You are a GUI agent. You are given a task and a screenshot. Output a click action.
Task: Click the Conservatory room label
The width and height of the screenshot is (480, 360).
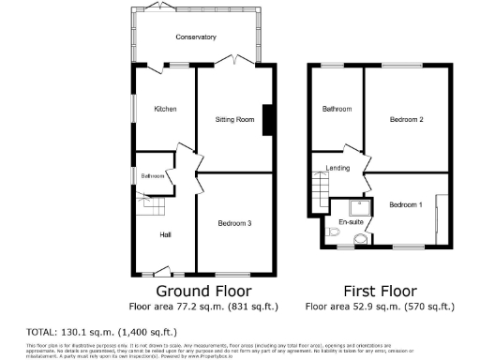[x=196, y=37]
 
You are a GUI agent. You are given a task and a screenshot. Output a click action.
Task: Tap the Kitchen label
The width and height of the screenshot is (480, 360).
[x=165, y=109]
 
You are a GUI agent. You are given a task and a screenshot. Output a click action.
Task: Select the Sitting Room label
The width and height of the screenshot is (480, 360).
[x=234, y=121]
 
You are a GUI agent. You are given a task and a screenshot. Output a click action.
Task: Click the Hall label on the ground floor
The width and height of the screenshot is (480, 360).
[x=165, y=234]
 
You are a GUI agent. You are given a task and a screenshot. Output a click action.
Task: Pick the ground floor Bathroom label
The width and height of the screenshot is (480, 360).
[x=153, y=176]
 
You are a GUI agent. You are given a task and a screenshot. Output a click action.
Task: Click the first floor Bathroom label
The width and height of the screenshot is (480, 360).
[x=337, y=109]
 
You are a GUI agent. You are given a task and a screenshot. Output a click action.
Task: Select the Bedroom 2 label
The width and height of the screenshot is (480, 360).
[x=407, y=120]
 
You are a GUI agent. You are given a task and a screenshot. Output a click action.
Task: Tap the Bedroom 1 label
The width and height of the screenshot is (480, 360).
[x=406, y=204]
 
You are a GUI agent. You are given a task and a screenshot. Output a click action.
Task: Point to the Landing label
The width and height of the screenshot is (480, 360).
[x=337, y=169]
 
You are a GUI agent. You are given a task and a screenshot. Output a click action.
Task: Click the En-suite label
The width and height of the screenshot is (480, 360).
[x=352, y=222]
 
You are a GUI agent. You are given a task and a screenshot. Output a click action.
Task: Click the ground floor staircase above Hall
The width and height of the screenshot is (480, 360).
[x=149, y=204]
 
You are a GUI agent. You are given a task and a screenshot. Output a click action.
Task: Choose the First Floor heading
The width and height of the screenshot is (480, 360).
[x=380, y=291]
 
